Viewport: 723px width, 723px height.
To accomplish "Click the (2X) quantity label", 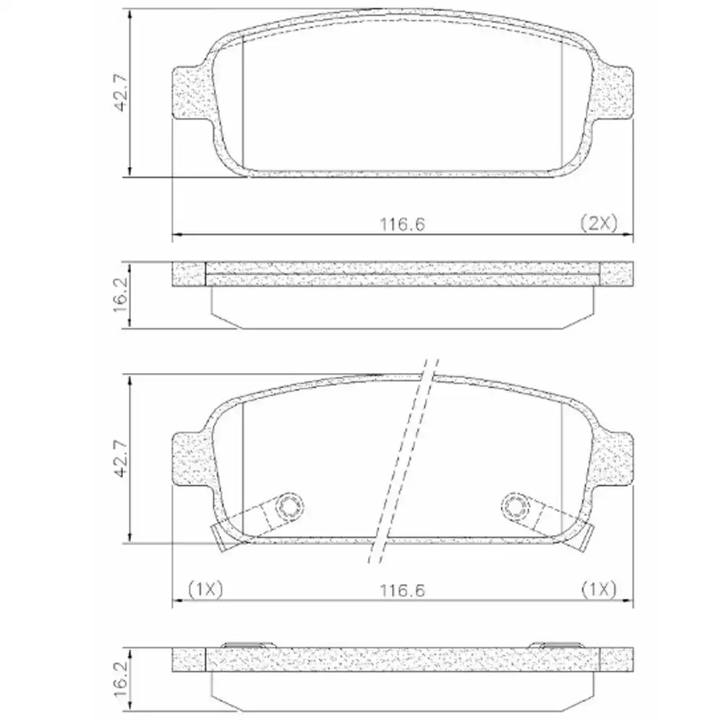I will point(598,223).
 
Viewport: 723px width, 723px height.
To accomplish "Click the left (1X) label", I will point(206,590).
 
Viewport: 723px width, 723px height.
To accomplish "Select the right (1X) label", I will point(598,590).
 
